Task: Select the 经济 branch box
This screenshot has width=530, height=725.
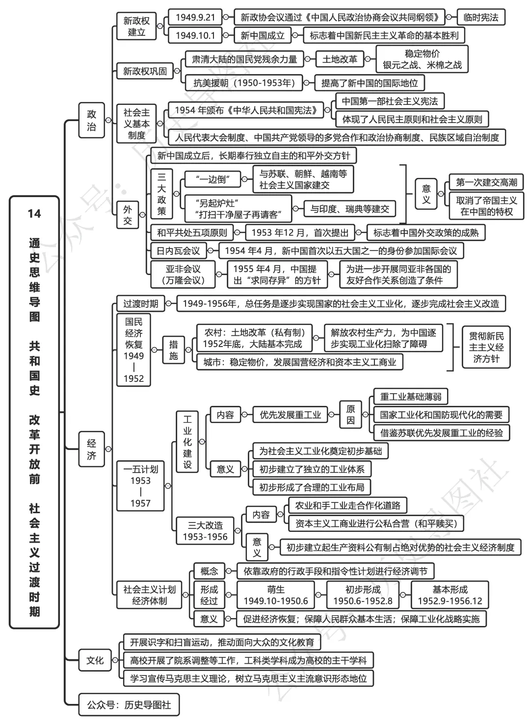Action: [92, 449]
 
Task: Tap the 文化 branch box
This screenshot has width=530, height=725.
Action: [95, 660]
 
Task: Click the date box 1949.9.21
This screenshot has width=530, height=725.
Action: [195, 17]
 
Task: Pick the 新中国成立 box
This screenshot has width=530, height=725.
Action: [263, 35]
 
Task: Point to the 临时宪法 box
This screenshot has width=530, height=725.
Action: [480, 17]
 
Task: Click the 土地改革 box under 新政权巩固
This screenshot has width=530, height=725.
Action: [340, 59]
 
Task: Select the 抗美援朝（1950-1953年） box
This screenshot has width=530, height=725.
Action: [244, 83]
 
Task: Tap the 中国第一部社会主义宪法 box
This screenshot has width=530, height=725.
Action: [390, 101]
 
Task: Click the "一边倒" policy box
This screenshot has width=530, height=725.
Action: [212, 179]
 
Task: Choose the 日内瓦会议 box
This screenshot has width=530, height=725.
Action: [178, 251]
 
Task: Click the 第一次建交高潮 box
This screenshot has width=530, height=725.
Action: [486, 182]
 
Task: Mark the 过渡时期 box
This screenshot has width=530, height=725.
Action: [140, 303]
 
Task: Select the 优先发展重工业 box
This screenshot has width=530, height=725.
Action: [290, 415]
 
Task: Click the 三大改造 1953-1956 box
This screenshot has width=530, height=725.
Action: [205, 531]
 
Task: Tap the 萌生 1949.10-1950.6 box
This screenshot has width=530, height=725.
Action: [276, 595]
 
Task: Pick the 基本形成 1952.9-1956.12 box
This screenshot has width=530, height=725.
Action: [450, 595]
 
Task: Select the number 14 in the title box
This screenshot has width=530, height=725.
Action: [34, 213]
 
